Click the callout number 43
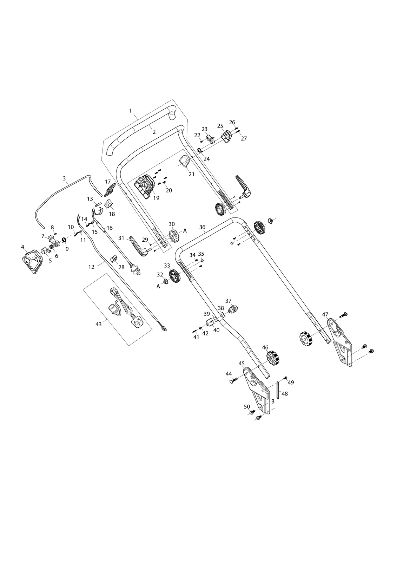[x=99, y=324]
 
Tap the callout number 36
[x=203, y=227]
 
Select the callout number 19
[x=156, y=198]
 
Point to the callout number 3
[x=64, y=178]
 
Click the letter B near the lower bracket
[x=273, y=401]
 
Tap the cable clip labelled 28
[x=114, y=258]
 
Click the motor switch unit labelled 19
[x=144, y=188]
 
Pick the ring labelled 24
[x=200, y=150]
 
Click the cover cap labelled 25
[x=226, y=137]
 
